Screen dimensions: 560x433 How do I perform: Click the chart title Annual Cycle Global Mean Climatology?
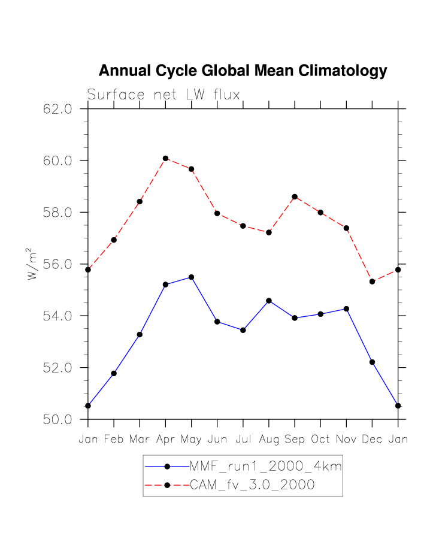[x=243, y=71]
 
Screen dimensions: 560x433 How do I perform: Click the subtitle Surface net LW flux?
[x=163, y=95]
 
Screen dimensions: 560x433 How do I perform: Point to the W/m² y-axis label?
[x=32, y=264]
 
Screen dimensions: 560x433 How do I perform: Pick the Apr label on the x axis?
[x=165, y=440]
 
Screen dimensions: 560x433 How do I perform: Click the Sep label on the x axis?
[x=295, y=440]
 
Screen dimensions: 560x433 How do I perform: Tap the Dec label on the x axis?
[x=373, y=440]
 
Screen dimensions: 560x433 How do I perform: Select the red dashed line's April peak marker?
[x=165, y=158]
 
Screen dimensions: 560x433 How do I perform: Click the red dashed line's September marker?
[x=295, y=196]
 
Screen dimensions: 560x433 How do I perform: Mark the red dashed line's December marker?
[x=373, y=281]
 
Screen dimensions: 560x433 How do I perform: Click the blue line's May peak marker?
[x=191, y=277]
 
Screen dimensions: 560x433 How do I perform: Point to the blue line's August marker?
[x=269, y=301]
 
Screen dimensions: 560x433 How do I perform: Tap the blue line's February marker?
[x=114, y=373]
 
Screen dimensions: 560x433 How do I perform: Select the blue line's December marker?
[x=373, y=362]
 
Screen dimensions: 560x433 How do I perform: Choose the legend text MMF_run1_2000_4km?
[x=265, y=467]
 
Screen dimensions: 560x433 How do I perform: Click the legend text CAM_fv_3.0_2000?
[x=252, y=485]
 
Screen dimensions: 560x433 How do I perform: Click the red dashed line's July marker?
[x=243, y=226]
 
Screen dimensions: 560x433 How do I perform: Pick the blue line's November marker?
[x=346, y=308]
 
